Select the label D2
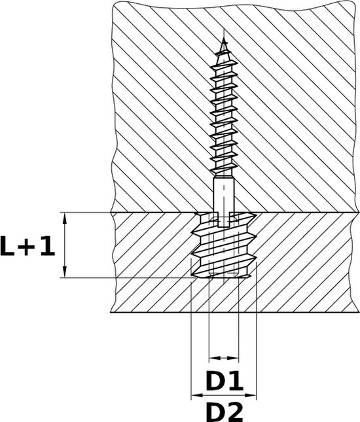[224, 412]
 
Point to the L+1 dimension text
[28, 247]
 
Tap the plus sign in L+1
[29, 248]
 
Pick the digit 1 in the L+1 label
[48, 247]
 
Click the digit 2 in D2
[234, 412]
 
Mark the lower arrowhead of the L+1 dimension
[65, 273]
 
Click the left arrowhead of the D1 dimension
[212, 358]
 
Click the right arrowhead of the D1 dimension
[235, 358]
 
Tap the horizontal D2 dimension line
[224, 396]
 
